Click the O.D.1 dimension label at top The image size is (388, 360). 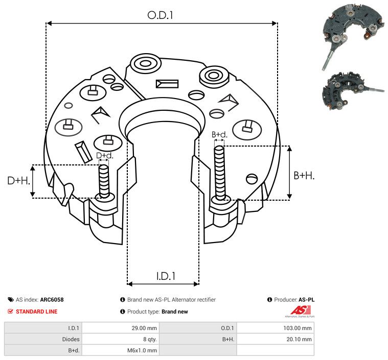tap(160, 15)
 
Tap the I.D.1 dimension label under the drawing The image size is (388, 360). tap(166, 276)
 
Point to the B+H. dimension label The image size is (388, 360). tap(304, 176)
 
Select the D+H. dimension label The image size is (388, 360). tap(19, 181)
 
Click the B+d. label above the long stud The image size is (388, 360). tap(219, 134)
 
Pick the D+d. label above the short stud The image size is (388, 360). tap(104, 156)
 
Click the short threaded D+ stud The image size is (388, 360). tap(104, 182)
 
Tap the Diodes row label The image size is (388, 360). tap(71, 339)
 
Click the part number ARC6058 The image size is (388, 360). tap(52, 300)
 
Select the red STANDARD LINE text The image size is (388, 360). tap(37, 311)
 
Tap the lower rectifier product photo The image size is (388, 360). tap(353, 91)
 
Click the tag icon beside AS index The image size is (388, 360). tap(11, 300)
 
